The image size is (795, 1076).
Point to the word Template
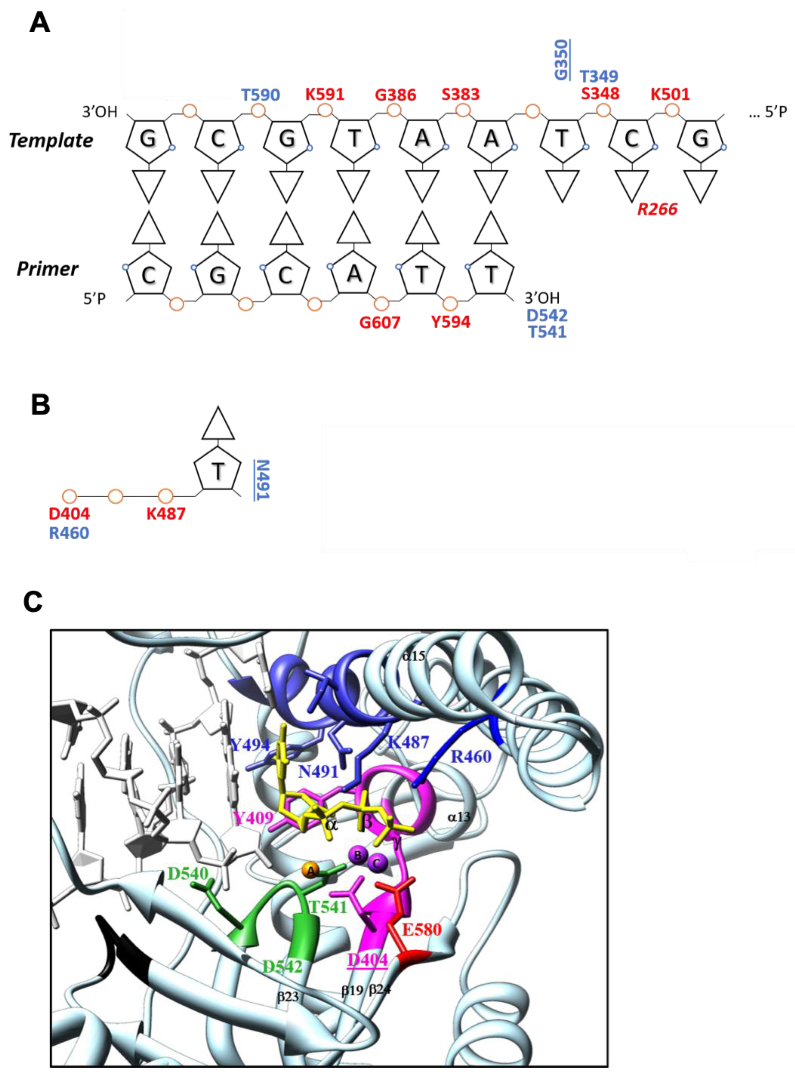coord(51,141)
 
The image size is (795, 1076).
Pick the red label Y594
coord(450,322)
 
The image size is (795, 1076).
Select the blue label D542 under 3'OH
coord(547,316)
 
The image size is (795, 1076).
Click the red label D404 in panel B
coord(69,514)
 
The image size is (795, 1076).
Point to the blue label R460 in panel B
coord(69,533)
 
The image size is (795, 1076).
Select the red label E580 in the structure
coord(422,929)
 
